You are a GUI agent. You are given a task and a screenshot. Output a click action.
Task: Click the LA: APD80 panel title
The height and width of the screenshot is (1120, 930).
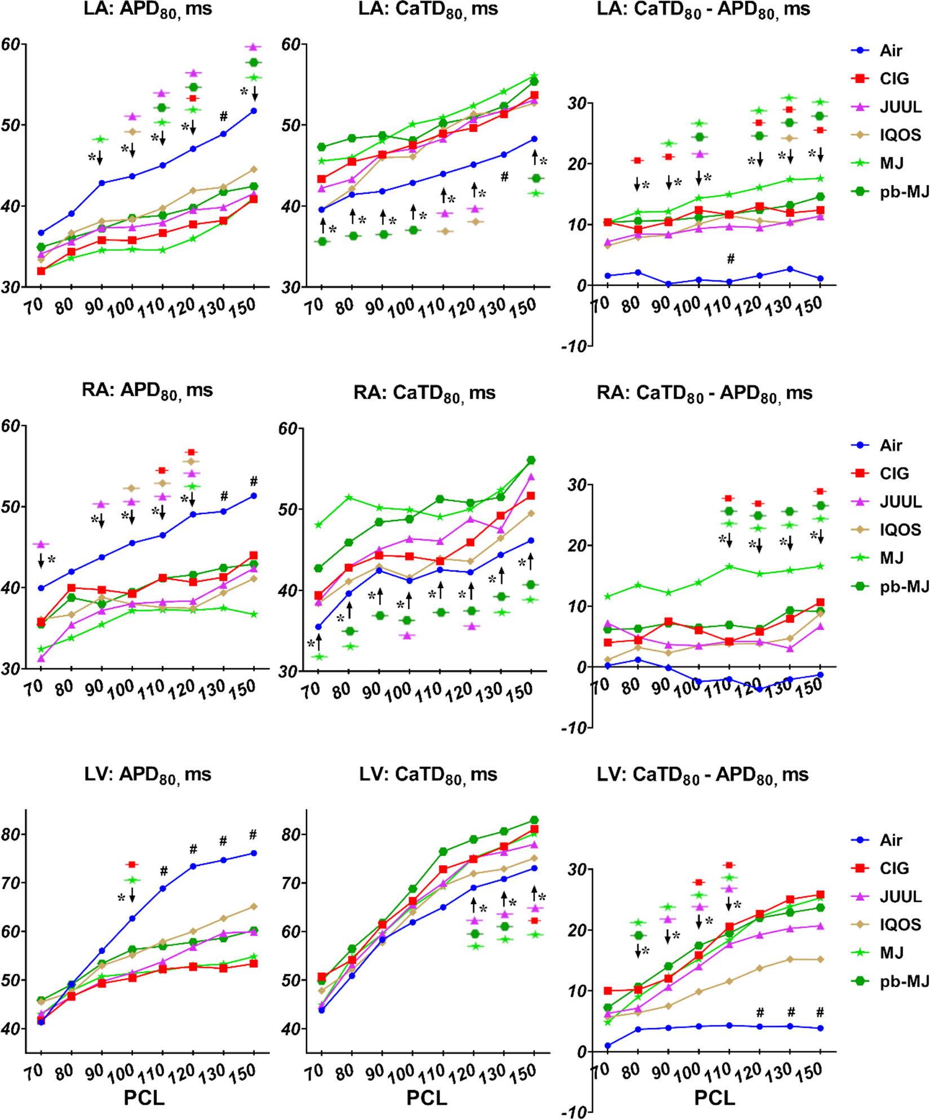tap(148, 10)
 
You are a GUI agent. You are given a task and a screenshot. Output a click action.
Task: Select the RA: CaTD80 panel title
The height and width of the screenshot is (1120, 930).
tap(424, 393)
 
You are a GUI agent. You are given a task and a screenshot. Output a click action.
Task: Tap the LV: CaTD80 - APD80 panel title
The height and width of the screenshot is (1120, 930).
tap(702, 775)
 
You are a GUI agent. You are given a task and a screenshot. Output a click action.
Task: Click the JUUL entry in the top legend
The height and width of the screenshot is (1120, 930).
tap(900, 106)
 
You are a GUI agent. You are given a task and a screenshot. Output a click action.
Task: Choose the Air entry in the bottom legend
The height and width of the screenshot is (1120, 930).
tap(891, 840)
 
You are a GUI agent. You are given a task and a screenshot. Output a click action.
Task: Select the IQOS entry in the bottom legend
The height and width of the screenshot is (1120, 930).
tap(900, 925)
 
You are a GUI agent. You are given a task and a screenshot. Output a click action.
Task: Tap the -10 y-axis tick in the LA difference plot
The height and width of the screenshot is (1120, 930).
tap(574, 346)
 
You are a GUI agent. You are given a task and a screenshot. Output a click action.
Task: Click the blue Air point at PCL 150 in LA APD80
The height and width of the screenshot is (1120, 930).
tap(254, 111)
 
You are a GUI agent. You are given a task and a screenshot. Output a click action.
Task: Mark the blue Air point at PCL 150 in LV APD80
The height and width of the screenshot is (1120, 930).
tap(254, 853)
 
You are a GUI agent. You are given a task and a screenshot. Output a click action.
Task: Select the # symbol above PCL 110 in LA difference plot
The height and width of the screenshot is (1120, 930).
tap(730, 259)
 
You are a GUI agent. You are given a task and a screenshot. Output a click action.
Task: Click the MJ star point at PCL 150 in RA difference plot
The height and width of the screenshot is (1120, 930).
tap(821, 566)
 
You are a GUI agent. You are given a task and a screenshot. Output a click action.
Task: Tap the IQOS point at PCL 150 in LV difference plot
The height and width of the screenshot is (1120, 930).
tap(821, 959)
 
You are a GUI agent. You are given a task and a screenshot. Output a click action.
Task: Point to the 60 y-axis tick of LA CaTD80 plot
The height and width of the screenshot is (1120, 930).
tap(291, 44)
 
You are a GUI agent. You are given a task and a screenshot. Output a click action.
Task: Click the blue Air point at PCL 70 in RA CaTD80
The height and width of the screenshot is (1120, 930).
tap(318, 626)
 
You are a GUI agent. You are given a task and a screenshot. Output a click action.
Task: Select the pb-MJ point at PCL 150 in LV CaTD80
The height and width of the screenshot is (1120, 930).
tap(534, 820)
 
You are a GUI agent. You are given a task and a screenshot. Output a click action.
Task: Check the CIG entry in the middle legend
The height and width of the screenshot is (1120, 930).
tap(894, 473)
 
